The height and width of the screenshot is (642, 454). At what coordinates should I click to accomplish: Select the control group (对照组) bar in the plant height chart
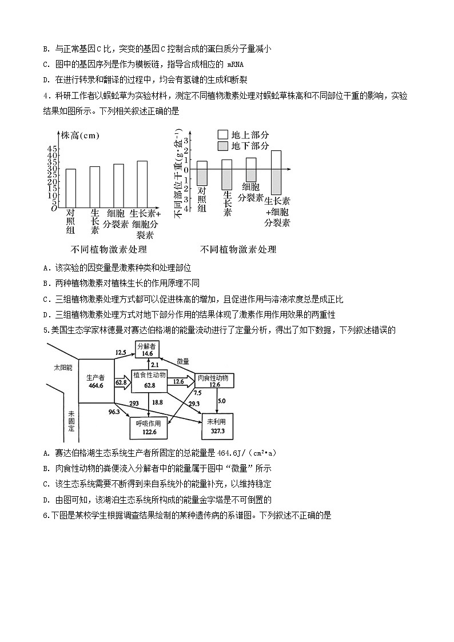click(x=71, y=189)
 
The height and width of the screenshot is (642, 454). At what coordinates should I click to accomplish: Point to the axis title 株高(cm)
click(x=80, y=135)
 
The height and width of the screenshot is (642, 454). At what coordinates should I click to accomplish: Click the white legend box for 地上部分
click(x=222, y=135)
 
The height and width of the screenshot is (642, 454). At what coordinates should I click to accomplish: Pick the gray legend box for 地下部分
click(x=222, y=146)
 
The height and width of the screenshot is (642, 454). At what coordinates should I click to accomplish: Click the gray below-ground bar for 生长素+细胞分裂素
click(x=276, y=182)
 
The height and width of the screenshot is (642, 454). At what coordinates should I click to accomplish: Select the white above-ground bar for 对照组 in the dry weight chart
click(x=202, y=165)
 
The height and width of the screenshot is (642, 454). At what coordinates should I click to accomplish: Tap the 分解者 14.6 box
click(x=148, y=350)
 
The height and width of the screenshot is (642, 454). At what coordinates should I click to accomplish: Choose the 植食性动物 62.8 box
click(x=149, y=380)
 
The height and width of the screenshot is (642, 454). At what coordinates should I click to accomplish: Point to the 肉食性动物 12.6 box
click(x=214, y=381)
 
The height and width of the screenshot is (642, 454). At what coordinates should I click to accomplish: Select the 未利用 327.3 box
click(x=217, y=426)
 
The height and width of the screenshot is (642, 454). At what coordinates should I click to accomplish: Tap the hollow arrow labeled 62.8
click(x=122, y=382)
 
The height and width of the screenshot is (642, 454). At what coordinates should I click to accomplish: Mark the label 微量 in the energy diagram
click(x=183, y=361)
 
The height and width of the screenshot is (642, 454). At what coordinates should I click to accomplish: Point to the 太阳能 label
click(x=63, y=366)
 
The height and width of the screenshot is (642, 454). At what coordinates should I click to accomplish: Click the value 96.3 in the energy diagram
click(x=114, y=412)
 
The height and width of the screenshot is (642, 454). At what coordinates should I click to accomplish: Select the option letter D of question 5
click(x=45, y=499)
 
